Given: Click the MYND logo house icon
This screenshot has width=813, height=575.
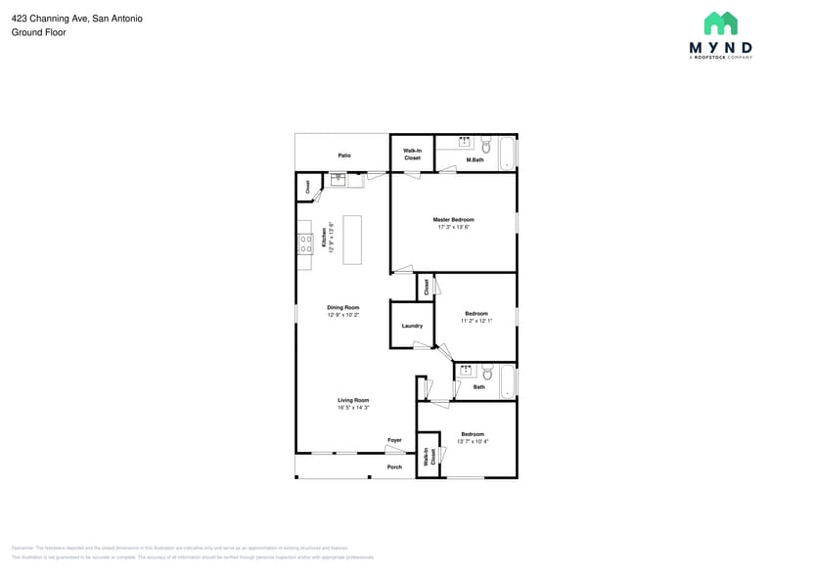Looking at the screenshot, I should tap(721, 23).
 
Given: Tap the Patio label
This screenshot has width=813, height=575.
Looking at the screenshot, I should tap(344, 155).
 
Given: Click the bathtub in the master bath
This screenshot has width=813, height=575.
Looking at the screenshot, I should tap(507, 154).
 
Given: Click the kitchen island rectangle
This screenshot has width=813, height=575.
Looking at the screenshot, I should tap(351, 240).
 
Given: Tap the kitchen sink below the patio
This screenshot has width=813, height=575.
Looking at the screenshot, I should tap(339, 179).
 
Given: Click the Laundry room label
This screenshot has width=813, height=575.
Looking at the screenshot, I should tap(412, 326).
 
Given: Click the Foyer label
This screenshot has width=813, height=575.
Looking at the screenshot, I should tap(394, 440).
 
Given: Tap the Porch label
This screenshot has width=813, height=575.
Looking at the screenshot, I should tap(394, 466).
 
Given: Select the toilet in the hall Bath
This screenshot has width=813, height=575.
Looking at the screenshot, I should tap(487, 372).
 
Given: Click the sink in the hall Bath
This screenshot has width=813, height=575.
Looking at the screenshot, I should tap(467, 371).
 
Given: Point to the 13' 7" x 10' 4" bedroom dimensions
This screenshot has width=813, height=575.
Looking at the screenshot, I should tap(473, 441).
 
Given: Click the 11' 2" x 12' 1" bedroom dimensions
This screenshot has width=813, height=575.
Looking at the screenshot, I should tap(476, 321).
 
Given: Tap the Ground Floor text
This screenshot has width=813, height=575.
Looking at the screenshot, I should tap(39, 32).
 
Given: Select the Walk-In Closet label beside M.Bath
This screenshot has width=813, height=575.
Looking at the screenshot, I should tap(412, 154).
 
